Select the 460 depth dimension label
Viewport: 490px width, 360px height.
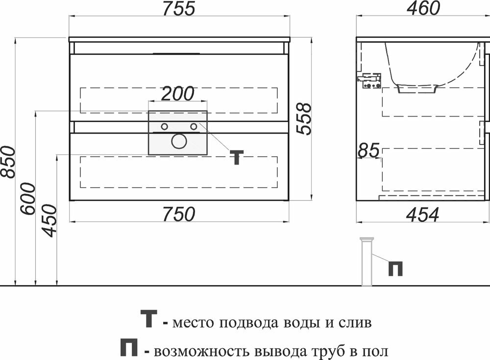click(x=424, y=8)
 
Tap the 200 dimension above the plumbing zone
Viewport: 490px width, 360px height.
click(x=178, y=93)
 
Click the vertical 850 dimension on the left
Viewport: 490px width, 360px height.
click(x=8, y=162)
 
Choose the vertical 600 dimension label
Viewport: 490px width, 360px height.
click(x=28, y=198)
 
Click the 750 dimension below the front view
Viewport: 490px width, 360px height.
click(x=178, y=214)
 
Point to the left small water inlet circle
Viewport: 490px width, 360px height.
click(x=164, y=127)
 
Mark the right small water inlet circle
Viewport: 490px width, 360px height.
click(x=194, y=127)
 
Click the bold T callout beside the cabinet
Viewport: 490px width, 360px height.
click(x=237, y=157)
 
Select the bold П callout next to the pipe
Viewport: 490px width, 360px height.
click(x=395, y=268)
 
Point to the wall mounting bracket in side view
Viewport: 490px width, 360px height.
click(x=370, y=80)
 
